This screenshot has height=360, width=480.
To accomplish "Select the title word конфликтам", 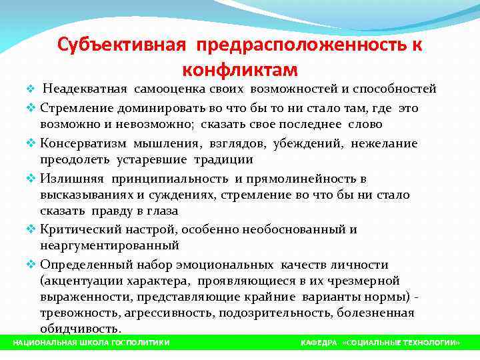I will tap(239, 69).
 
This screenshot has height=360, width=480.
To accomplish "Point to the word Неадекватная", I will tap(85, 89).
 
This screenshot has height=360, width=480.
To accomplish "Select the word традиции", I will tap(223, 159).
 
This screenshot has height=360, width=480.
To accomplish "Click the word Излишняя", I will tap(71, 179).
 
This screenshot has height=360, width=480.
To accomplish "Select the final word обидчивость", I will tap(81, 329).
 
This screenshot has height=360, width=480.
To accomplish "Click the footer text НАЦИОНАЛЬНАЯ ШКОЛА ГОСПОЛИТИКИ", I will tap(92, 342).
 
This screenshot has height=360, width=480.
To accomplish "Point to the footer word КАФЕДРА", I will tap(319, 342).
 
